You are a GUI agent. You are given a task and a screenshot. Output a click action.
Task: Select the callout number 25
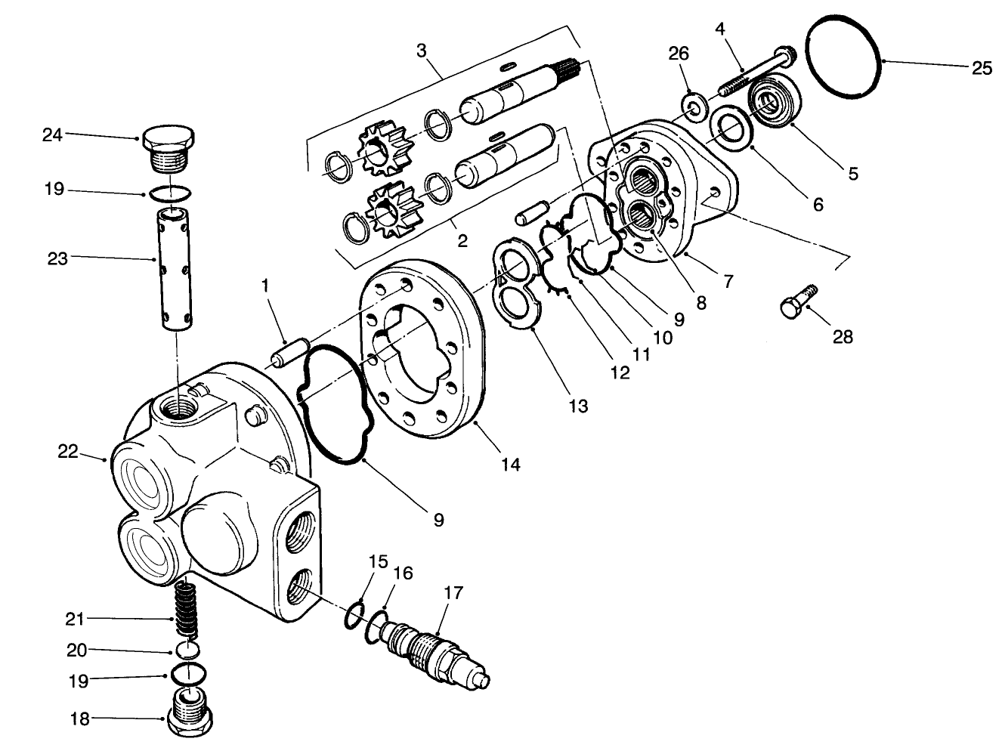pos(982,68)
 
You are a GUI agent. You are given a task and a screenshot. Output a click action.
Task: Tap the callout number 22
pos(68,451)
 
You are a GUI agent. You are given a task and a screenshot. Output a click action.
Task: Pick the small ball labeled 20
pos(188,650)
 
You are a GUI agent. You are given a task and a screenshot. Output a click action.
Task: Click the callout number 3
pos(421,52)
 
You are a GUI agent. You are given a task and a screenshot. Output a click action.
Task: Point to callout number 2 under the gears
pos(462,241)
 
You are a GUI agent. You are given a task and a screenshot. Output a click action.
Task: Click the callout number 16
pos(403,573)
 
